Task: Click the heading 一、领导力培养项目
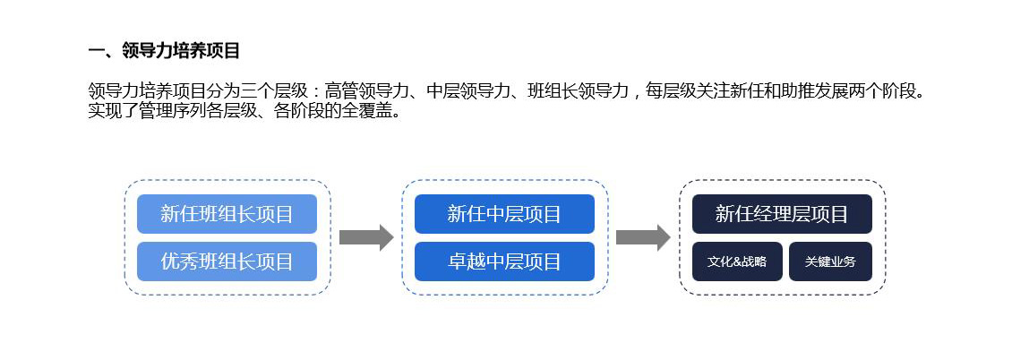tap(164, 51)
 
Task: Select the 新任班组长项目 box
tap(227, 213)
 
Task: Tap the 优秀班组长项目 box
tap(227, 261)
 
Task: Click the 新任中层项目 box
tap(504, 213)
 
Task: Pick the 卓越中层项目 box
tap(504, 261)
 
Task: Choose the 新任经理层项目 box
tap(782, 213)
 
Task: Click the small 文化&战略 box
tap(737, 261)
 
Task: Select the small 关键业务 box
tap(830, 261)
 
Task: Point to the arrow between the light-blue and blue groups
tap(366, 237)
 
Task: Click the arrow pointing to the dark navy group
tap(644, 237)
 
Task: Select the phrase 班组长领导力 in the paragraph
tap(579, 91)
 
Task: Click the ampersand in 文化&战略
tap(738, 261)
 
